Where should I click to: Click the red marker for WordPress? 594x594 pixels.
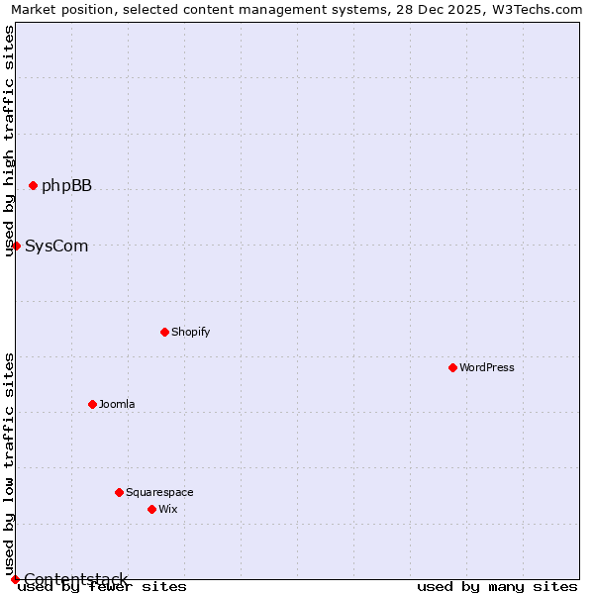(452, 367)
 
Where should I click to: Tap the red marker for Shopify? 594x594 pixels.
(164, 332)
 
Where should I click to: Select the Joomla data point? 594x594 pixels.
(92, 404)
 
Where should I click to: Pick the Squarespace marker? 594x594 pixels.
(119, 492)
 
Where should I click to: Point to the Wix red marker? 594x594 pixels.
(151, 509)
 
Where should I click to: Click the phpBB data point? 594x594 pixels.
(33, 185)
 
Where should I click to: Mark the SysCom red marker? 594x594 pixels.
(16, 246)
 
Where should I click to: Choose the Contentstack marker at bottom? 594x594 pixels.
(15, 579)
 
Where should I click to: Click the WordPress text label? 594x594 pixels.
(487, 367)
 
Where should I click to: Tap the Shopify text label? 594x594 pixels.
(191, 332)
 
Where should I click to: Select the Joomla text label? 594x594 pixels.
(117, 404)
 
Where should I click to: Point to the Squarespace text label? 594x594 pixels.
(159, 492)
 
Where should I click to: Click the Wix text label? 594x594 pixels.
(168, 509)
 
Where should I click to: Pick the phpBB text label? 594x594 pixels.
(66, 185)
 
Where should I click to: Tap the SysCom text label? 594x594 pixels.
(56, 246)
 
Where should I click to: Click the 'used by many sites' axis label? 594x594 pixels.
(497, 587)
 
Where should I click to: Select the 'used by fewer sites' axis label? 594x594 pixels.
(102, 587)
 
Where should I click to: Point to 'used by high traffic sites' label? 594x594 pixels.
(9, 141)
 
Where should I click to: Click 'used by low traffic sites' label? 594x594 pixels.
(9, 463)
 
